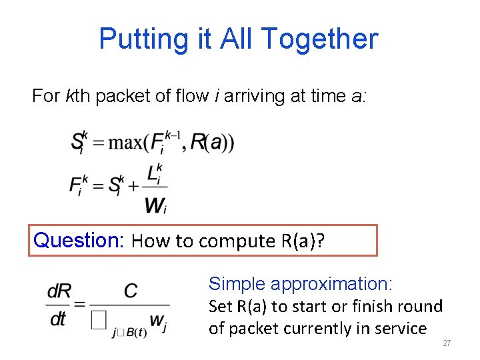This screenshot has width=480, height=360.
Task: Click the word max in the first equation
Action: [x=126, y=143]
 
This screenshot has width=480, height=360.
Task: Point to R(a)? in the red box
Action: [x=303, y=241]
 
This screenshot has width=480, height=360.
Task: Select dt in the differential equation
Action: [x=59, y=319]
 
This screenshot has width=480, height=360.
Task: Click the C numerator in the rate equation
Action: [x=131, y=291]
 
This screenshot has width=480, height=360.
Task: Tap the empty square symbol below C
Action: [x=99, y=319]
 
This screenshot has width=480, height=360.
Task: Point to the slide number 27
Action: [x=447, y=343]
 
